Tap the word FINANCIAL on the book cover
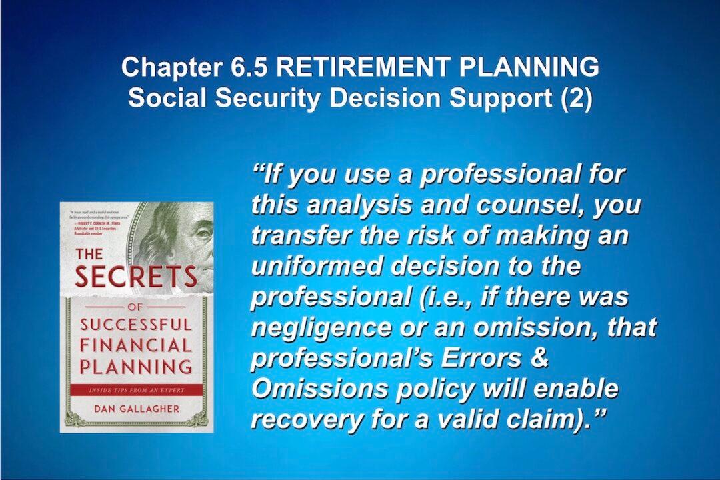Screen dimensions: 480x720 point(136,345)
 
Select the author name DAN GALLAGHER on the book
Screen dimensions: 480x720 point(136,409)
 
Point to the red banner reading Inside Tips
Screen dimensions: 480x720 point(136,389)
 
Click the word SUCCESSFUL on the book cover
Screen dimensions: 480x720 point(136,325)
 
